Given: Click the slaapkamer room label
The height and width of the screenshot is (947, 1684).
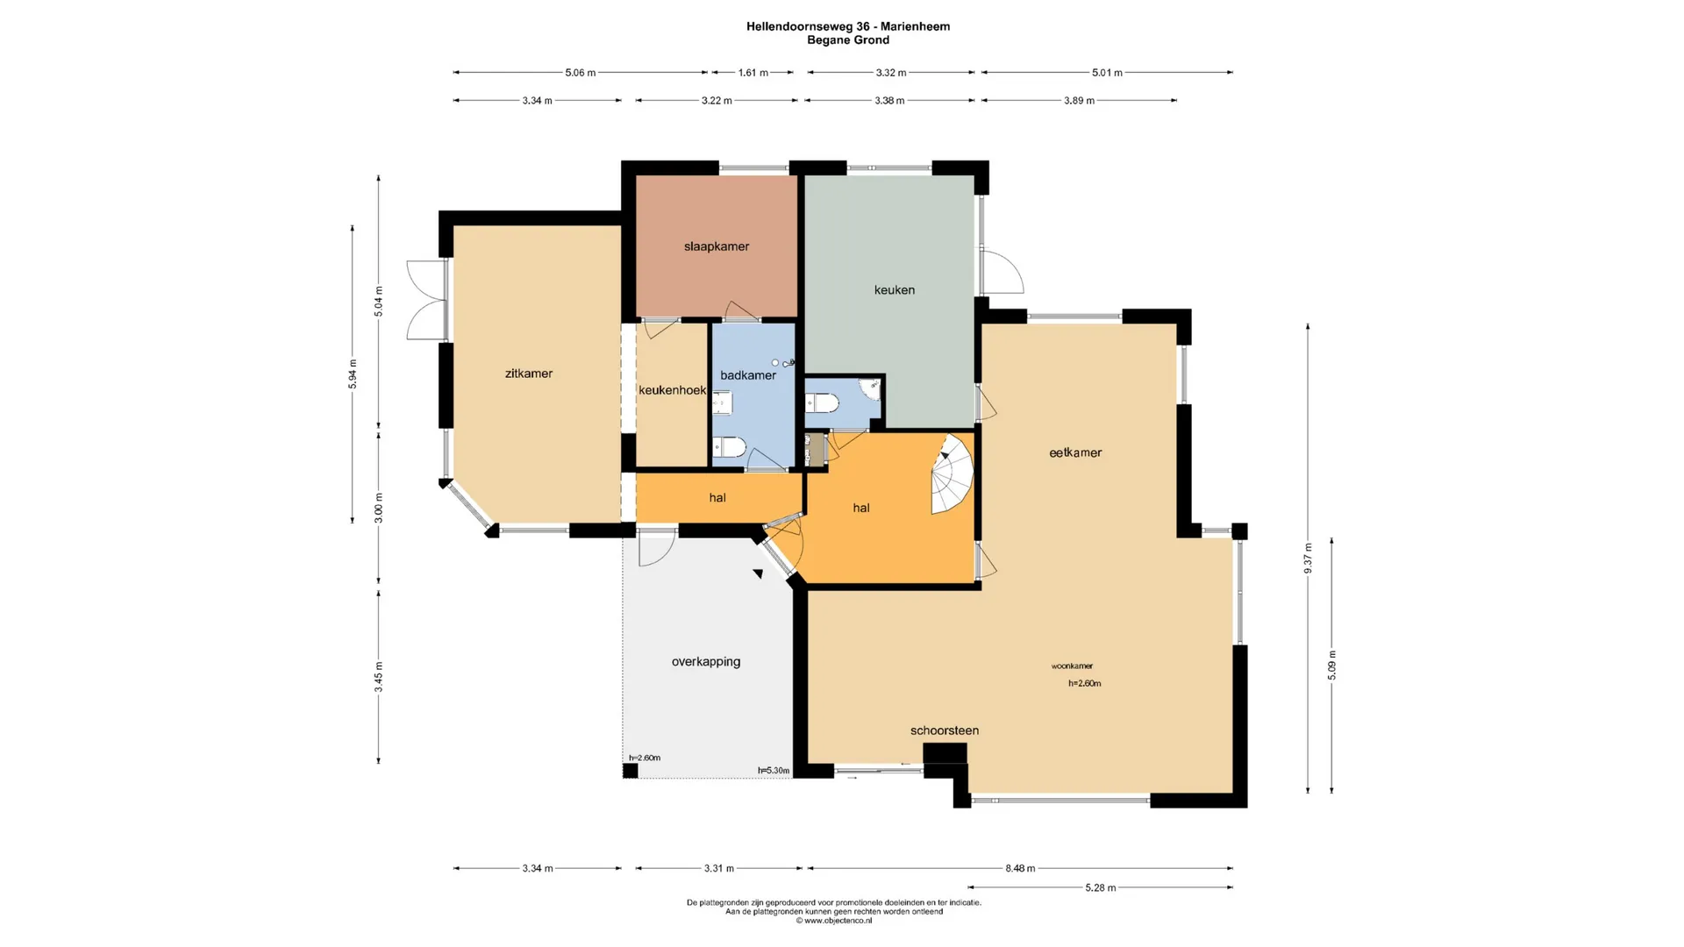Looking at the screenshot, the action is pyautogui.click(x=717, y=246).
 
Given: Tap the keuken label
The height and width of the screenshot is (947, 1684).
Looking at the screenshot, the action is pyautogui.click(x=895, y=289).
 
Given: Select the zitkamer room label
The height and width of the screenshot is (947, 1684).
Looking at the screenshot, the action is pyautogui.click(x=529, y=374).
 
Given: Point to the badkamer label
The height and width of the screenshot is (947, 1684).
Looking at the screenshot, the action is pyautogui.click(x=748, y=375).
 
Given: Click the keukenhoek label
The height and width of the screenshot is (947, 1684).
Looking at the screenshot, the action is pyautogui.click(x=673, y=390).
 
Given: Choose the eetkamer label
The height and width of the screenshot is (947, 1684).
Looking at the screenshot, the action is pyautogui.click(x=1075, y=452).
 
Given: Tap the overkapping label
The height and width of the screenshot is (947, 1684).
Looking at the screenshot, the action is pyautogui.click(x=706, y=662).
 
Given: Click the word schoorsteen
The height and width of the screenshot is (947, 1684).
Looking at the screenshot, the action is pyautogui.click(x=945, y=730).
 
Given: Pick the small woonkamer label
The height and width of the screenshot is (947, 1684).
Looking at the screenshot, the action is pyautogui.click(x=1072, y=666).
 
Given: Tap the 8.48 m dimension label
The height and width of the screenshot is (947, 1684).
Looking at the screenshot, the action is pyautogui.click(x=1020, y=868).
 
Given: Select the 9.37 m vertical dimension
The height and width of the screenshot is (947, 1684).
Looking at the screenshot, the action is pyautogui.click(x=1308, y=559).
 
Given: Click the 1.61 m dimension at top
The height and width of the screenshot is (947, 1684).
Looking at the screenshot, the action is pyautogui.click(x=753, y=73).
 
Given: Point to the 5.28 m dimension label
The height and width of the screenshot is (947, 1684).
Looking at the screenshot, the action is pyautogui.click(x=1101, y=887).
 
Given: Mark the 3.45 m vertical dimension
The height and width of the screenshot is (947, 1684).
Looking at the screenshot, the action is pyautogui.click(x=379, y=677).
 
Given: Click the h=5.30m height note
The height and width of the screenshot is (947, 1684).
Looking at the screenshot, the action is pyautogui.click(x=774, y=771).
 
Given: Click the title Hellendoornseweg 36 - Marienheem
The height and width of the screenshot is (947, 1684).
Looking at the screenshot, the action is pyautogui.click(x=848, y=26).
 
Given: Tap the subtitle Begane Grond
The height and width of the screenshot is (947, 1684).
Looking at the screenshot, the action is pyautogui.click(x=848, y=40).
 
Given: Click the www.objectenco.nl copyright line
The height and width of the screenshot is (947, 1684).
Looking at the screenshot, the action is pyautogui.click(x=833, y=921).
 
